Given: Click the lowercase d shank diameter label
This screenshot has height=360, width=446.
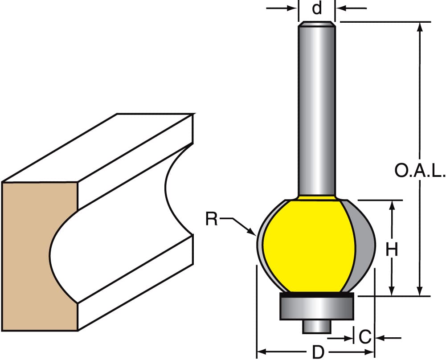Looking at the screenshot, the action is tap(317, 8).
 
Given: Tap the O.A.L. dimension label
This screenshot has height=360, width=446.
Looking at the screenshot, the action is tap(420, 171).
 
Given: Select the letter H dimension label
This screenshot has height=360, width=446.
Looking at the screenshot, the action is tap(392, 250).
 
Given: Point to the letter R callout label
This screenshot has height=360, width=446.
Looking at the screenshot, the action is tap(212, 219).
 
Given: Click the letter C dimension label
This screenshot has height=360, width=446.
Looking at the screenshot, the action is tap(365, 338).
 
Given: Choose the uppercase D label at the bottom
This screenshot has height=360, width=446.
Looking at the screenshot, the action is tap(318, 352).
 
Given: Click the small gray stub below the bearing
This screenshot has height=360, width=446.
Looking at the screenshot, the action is tap(317, 327).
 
